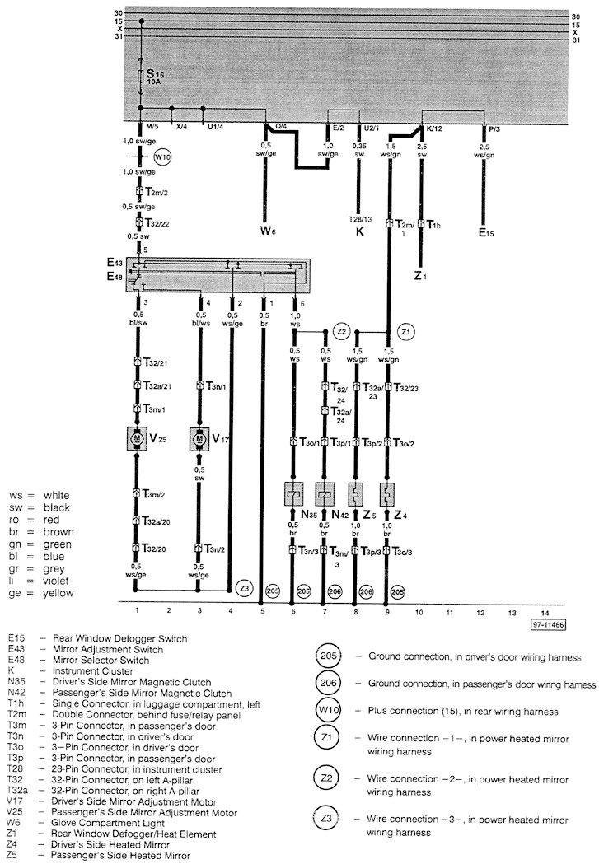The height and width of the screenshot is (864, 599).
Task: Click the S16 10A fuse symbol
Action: point(142,77)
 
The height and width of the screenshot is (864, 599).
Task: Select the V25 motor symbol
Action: point(135,439)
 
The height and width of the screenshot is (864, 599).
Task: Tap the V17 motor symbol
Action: point(199,439)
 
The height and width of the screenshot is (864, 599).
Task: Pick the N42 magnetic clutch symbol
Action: point(325,495)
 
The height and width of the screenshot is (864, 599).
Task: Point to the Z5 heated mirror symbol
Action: point(356,495)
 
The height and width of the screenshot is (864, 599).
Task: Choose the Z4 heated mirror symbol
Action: point(386,495)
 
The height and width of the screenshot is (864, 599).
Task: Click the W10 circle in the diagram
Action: point(162,154)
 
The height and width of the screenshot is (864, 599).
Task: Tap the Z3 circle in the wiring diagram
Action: point(244,589)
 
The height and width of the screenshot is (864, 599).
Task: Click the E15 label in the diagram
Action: point(487,233)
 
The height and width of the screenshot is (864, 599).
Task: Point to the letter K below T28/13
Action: point(360,233)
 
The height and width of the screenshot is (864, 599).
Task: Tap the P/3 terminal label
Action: point(494,128)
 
